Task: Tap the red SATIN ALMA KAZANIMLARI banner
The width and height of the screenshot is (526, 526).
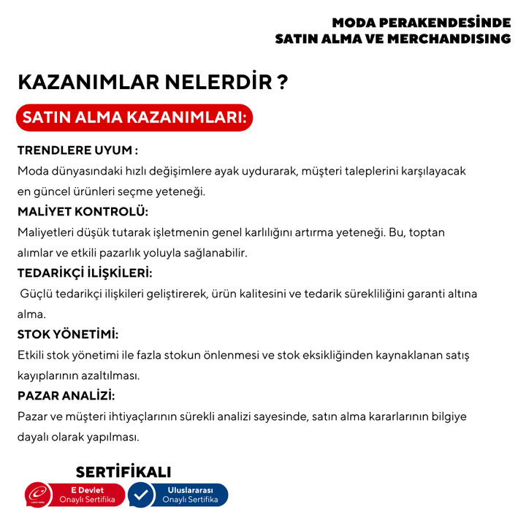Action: click(134, 118)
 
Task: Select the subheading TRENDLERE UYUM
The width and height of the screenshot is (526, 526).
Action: click(77, 150)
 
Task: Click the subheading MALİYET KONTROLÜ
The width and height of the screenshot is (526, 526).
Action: click(83, 212)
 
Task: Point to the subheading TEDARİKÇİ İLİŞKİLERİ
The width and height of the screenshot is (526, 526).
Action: click(85, 273)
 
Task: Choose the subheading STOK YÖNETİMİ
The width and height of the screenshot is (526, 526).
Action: click(68, 335)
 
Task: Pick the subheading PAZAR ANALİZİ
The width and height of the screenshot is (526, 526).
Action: click(66, 396)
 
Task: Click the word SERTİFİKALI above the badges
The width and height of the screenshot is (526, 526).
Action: click(123, 472)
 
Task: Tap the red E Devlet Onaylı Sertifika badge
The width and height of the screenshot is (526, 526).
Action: click(87, 495)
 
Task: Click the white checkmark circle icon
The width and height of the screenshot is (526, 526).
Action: click(141, 495)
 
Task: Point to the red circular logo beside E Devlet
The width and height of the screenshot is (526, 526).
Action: click(38, 495)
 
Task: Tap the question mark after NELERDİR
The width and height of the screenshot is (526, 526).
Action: click(282, 82)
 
